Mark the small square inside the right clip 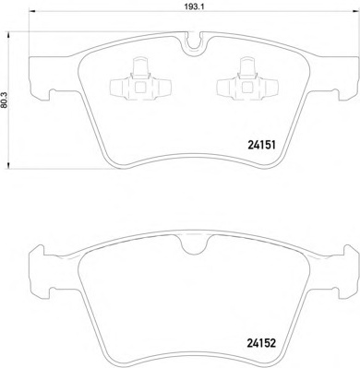tap(246, 89)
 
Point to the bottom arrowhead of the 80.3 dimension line tap(14, 170)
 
